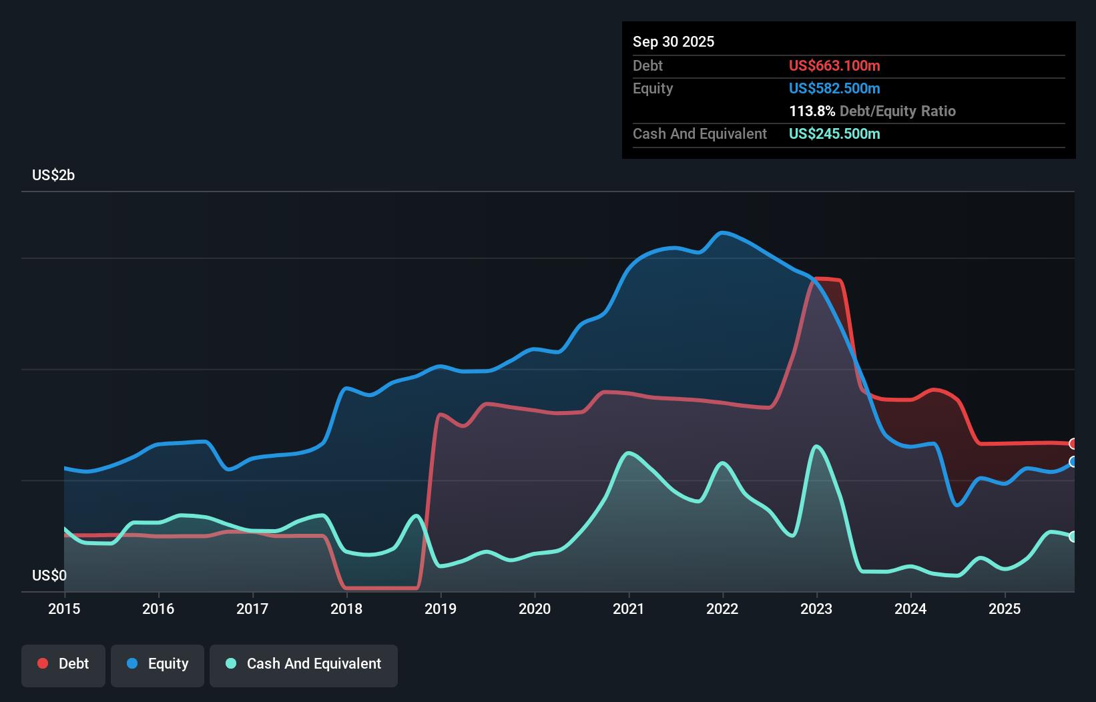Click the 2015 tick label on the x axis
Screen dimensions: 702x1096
point(64,609)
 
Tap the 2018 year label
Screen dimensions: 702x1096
point(346,609)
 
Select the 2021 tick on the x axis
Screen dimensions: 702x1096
point(629,609)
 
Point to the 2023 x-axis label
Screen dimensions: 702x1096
point(816,609)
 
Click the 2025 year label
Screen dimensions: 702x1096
point(1005,609)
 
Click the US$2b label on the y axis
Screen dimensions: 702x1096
point(53,175)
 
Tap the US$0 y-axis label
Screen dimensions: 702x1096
point(49,575)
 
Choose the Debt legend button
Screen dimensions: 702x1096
point(63,664)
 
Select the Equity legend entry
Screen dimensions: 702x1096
point(158,664)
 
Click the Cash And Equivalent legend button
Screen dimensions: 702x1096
point(304,664)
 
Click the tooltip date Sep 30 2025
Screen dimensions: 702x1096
point(673,41)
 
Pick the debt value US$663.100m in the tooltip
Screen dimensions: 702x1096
point(834,65)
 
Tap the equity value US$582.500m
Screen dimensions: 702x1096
point(834,88)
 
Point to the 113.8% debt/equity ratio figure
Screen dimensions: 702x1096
point(812,111)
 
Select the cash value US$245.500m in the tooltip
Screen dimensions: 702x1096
point(834,133)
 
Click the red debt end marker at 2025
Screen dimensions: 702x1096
point(1073,444)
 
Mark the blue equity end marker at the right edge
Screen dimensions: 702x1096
point(1073,462)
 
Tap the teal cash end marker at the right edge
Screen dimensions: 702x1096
point(1073,537)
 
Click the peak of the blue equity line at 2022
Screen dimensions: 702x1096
point(722,232)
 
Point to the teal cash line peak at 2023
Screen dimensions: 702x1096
point(816,446)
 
